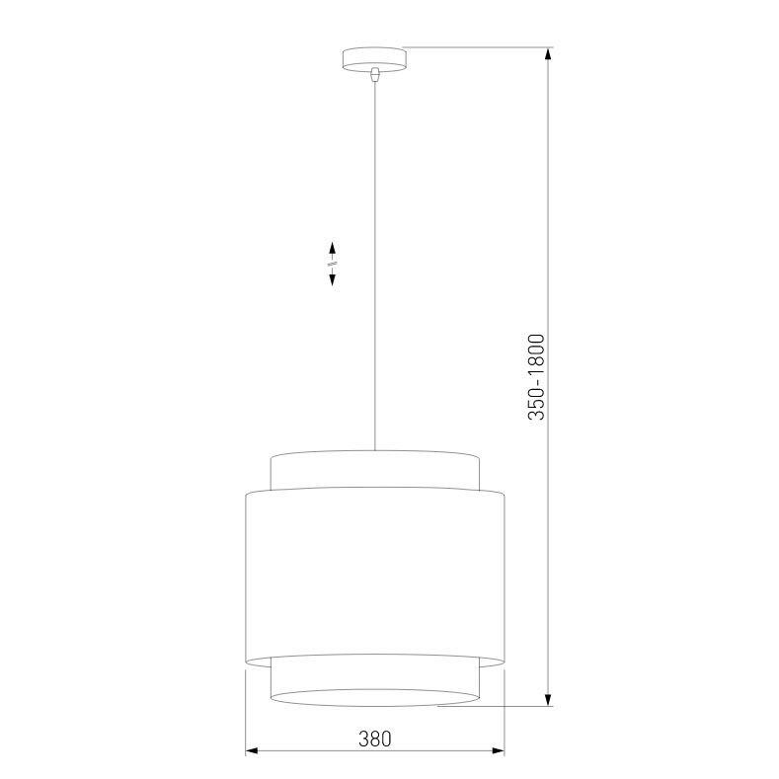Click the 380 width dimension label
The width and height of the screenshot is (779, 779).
pos(375,739)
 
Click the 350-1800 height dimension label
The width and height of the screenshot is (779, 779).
pos(536,377)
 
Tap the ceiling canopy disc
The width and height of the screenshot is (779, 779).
pos(374,59)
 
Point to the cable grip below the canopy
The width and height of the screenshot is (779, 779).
pos(375,73)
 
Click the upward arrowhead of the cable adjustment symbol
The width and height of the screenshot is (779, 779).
pos(333,248)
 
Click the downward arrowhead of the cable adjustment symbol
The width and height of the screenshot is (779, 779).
pos(333,279)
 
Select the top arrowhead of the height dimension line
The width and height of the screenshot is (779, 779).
pos(549,54)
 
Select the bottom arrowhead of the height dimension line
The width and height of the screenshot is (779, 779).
pos(549,699)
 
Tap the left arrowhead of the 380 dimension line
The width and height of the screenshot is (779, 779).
pos(253,751)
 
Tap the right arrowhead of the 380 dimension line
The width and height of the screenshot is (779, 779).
pos(498,751)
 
